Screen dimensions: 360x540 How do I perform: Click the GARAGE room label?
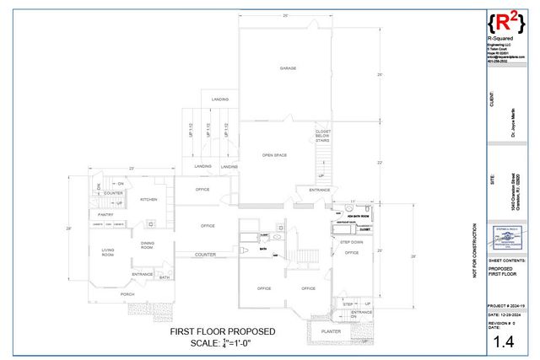click(288, 67)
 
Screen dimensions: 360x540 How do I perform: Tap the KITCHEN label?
click(148, 200)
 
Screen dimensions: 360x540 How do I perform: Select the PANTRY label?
click(105, 214)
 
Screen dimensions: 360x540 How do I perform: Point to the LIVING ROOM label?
click(108, 252)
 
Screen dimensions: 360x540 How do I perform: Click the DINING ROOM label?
click(148, 245)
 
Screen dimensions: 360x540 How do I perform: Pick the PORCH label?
click(127, 294)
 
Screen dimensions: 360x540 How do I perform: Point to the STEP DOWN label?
click(352, 242)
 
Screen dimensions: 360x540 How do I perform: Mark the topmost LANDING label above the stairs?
click(219, 99)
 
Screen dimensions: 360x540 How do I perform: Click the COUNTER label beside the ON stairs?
click(113, 193)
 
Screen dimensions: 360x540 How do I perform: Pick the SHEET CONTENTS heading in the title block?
click(505, 262)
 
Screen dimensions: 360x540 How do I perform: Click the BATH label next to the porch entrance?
click(164, 277)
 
